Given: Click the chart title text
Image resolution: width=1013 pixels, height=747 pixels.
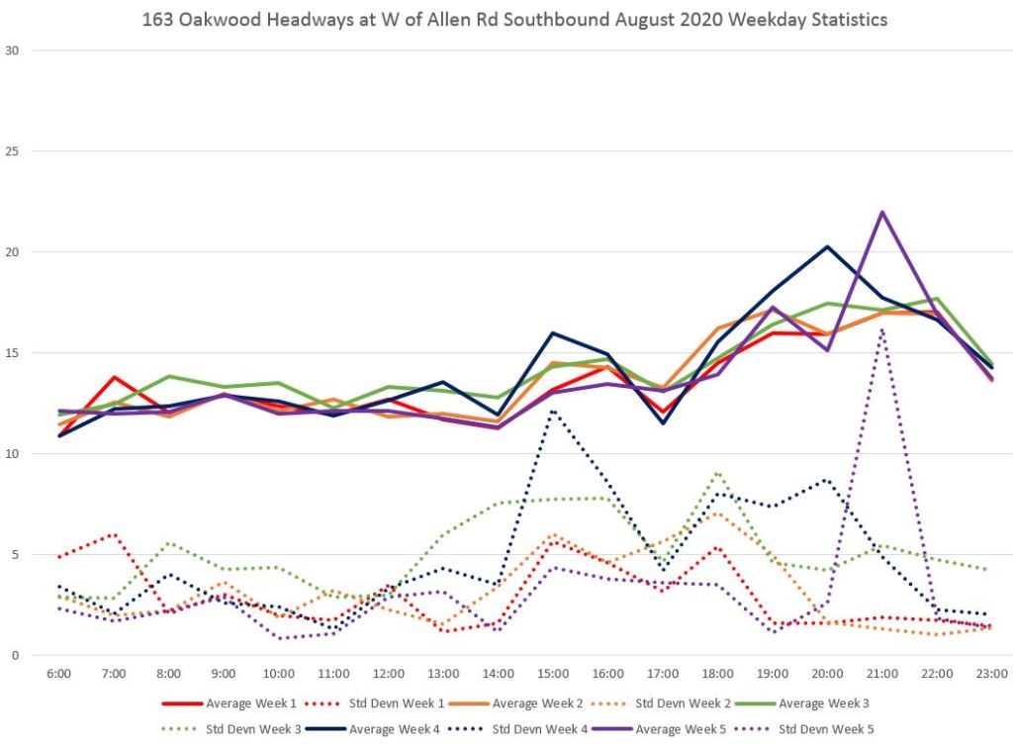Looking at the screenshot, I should point(515,19).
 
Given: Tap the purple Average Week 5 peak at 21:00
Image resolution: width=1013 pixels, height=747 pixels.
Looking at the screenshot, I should point(881,212).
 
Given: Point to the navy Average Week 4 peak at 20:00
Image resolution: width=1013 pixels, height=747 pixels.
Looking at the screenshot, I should point(827,246).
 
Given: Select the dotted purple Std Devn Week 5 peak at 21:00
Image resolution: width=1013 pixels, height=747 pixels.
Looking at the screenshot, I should point(881,329).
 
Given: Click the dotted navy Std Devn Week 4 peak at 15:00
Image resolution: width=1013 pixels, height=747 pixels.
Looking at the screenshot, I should point(553,411).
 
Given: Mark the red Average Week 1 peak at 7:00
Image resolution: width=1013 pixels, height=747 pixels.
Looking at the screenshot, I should point(115,377).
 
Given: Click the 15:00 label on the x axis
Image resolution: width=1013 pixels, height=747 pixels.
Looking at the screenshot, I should point(553,674).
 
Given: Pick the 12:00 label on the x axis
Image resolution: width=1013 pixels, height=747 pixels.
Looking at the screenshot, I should point(389,674).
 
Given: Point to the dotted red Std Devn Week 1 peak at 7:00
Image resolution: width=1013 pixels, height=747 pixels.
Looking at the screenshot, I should point(115,534).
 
